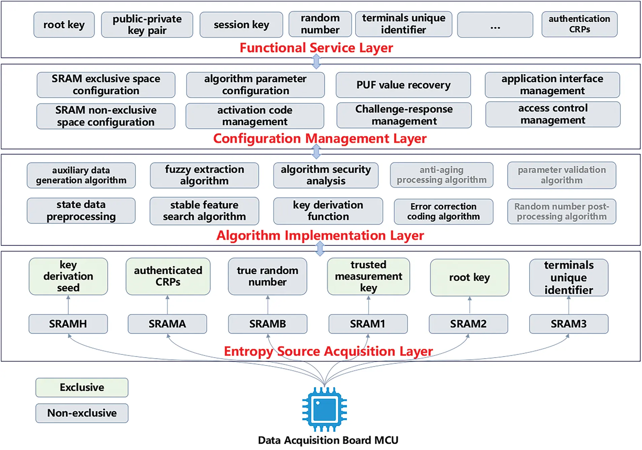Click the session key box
pos(241,25)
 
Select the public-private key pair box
pos(147,25)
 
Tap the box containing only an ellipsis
pos(495,25)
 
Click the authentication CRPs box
pos(579,24)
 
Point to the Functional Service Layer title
pos(316,48)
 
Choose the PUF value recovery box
pos(403,85)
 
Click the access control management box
pos(553,114)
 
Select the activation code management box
pos(255,116)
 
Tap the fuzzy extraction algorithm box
pos(204,175)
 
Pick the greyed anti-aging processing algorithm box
pos(442,175)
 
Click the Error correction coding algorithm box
pos(443,212)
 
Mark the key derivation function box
pos(328,211)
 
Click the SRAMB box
pos(267,324)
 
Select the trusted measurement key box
pos(368,276)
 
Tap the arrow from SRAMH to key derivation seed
pos(68,305)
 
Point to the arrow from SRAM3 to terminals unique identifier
pos(569,305)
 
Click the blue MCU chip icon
pos(324,409)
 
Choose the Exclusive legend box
pos(82,387)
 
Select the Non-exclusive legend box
pos(82,413)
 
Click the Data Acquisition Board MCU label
pos(328,440)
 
